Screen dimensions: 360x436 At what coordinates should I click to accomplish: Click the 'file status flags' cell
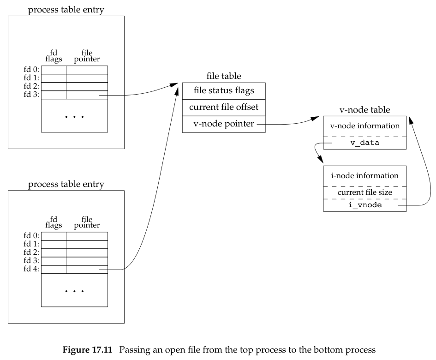[x=224, y=91]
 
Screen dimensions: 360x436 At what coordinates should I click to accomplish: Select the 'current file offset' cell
[x=224, y=108]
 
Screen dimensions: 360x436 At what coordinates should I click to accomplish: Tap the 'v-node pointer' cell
[x=224, y=124]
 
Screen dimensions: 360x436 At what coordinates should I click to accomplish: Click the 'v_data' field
[x=364, y=143]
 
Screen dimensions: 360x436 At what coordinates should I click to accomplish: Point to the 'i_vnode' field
[x=364, y=205]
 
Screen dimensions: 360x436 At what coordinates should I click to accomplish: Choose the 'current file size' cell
[x=364, y=192]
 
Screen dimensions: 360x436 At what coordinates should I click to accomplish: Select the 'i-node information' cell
[x=364, y=176]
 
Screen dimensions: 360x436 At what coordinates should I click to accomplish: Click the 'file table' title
[x=224, y=76]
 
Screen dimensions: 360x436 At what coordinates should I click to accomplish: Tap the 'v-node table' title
[x=364, y=110]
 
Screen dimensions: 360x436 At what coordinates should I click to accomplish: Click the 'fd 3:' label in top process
[x=33, y=95]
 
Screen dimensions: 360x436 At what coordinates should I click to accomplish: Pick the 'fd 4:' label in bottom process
[x=33, y=269]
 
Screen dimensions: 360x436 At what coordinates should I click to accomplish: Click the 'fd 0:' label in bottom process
[x=33, y=236]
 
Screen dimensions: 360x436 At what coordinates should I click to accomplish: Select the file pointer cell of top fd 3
[x=87, y=95]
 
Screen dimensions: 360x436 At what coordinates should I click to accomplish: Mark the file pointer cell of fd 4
[x=87, y=270]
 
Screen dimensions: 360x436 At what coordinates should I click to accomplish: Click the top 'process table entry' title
[x=66, y=10]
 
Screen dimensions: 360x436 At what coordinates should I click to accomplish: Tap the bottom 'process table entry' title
[x=66, y=185]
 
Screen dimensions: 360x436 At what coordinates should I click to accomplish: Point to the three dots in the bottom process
[x=74, y=291]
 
